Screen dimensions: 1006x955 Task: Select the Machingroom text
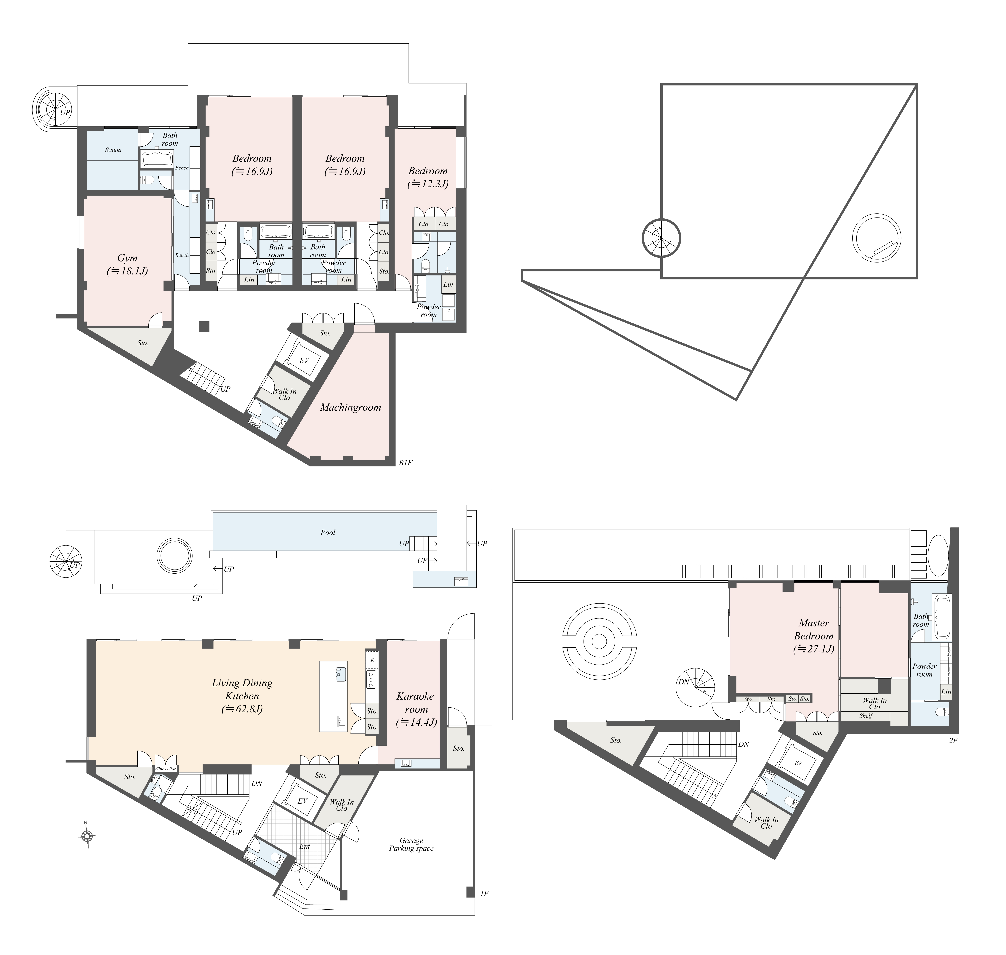[351, 407]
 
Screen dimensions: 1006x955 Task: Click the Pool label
[328, 532]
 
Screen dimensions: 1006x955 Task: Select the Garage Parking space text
[411, 844]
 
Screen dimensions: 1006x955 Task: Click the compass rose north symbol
[87, 835]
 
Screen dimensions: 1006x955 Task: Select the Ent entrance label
[304, 846]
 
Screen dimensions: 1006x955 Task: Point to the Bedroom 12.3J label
[428, 177]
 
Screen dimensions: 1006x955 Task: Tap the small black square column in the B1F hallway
[204, 326]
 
